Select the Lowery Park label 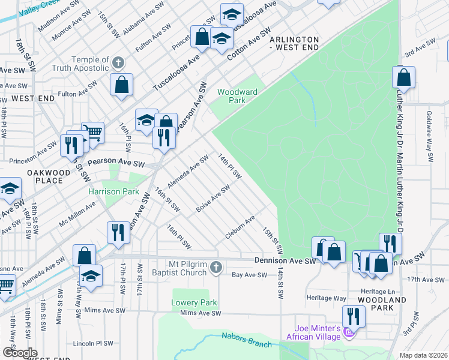pos(194,302)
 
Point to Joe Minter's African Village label pos(317,332)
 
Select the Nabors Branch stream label pos(247,340)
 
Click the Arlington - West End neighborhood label pos(294,43)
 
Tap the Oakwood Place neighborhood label pos(45,176)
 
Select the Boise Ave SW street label pos(213,199)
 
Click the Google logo pos(20,353)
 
